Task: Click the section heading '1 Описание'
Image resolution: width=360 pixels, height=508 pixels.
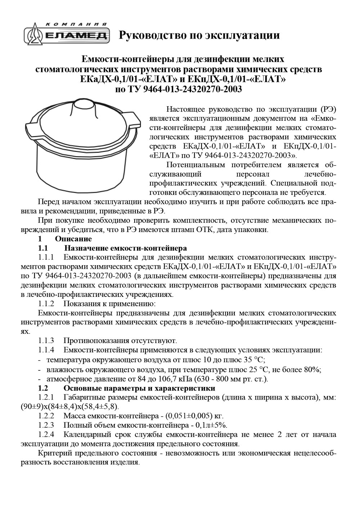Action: point(65,239)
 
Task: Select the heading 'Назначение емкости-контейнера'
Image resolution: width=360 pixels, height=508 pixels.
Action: point(126,248)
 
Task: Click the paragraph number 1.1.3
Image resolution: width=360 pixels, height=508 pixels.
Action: point(46,340)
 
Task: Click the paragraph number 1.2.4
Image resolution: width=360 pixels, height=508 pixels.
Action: point(46,434)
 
